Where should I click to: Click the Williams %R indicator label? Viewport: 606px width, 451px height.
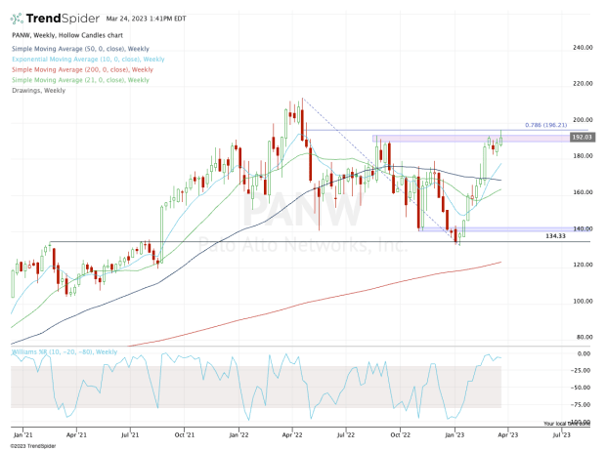65,350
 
